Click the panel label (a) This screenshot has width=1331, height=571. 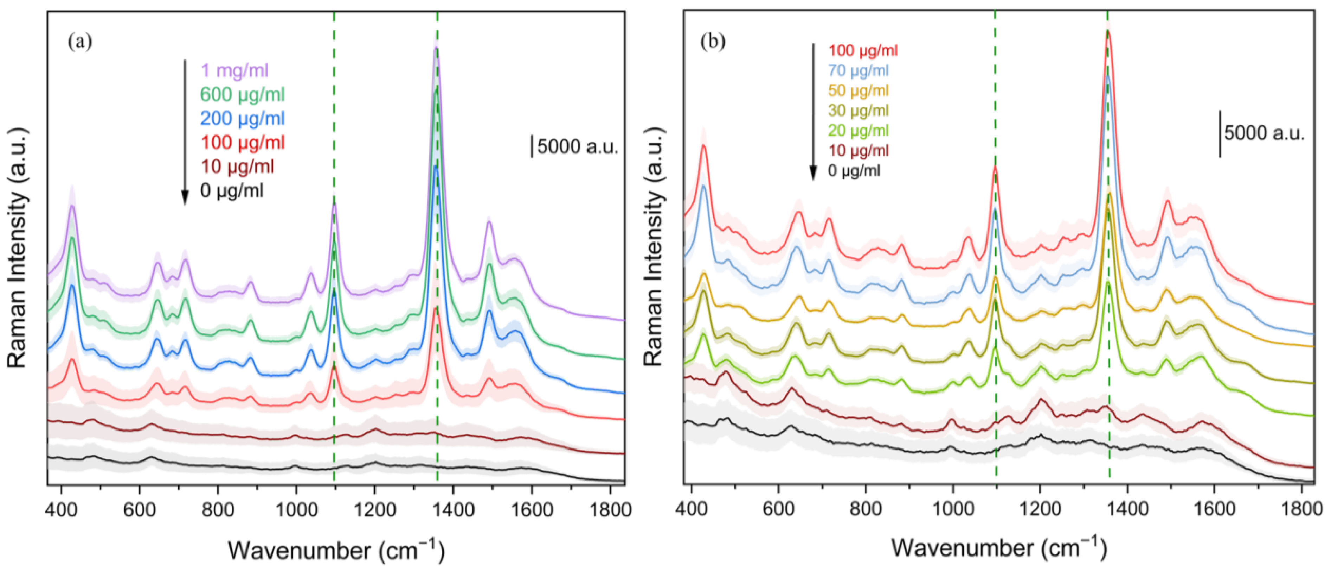pos(80,42)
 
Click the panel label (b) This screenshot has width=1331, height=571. pos(713,42)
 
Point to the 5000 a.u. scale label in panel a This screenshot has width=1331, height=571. pos(578,147)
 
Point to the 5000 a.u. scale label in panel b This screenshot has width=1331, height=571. pos(1264,133)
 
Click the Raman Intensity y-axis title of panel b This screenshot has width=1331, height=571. pos(655,247)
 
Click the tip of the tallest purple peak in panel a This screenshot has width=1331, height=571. pos(436,48)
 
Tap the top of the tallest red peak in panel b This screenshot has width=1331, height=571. pos(1107,31)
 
